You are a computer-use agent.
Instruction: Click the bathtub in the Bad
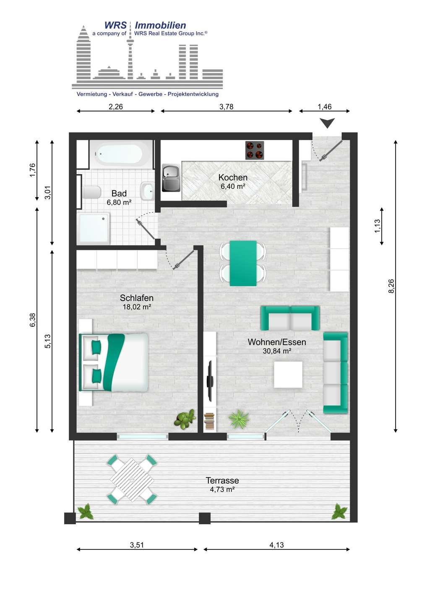[x=118, y=154]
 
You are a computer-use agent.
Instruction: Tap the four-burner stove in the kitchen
[x=255, y=151]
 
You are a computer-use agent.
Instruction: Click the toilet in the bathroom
[x=91, y=192]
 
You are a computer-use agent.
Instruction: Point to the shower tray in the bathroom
[x=93, y=228]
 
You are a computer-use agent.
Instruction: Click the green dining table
[x=243, y=263]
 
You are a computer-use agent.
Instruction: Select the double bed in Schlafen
[x=114, y=362]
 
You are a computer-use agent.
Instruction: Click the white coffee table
[x=288, y=374]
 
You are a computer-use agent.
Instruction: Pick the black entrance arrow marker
[x=327, y=123]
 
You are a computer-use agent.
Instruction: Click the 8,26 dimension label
[x=391, y=286]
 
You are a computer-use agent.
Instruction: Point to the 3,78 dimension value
[x=226, y=107]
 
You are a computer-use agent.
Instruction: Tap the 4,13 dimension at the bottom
[x=276, y=545]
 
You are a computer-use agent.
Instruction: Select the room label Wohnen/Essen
[x=277, y=342]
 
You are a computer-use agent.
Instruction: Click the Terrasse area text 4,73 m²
[x=222, y=489]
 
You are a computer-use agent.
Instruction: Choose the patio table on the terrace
[x=132, y=479]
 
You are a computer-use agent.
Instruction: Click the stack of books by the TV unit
[x=209, y=422]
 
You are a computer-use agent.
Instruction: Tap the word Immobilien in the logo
[x=160, y=25]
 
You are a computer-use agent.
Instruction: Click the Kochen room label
[x=233, y=177]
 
